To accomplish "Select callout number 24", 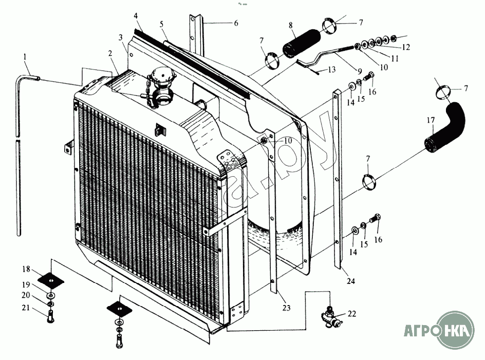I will (x=351, y=281).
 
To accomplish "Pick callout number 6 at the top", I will (x=236, y=23).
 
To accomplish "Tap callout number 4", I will (x=136, y=16).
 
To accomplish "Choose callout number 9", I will (x=360, y=70).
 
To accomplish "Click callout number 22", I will (x=351, y=314).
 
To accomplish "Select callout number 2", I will (x=110, y=53).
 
